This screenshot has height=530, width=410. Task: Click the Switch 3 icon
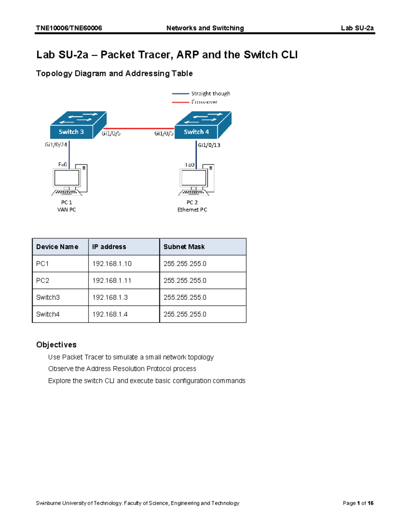click(x=78, y=125)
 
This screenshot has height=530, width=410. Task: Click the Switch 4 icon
click(x=203, y=125)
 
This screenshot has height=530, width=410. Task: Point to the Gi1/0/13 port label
click(x=209, y=145)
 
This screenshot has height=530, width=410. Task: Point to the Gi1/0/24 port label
click(x=56, y=145)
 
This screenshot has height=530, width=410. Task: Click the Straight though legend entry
click(x=210, y=94)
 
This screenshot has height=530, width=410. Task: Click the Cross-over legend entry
click(x=204, y=102)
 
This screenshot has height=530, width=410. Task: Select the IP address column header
click(x=109, y=247)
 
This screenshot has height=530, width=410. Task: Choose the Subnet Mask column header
click(x=184, y=247)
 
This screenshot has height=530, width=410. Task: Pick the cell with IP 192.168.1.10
click(x=112, y=264)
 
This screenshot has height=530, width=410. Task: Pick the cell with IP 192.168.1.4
click(x=110, y=314)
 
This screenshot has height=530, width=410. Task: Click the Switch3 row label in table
click(x=48, y=297)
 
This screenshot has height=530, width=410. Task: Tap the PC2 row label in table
click(x=43, y=281)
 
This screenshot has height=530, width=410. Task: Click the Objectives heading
click(x=56, y=345)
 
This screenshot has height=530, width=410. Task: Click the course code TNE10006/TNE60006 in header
click(x=69, y=28)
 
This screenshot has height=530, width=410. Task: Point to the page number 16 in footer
click(x=370, y=503)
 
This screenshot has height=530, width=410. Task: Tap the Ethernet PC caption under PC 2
click(x=192, y=210)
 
